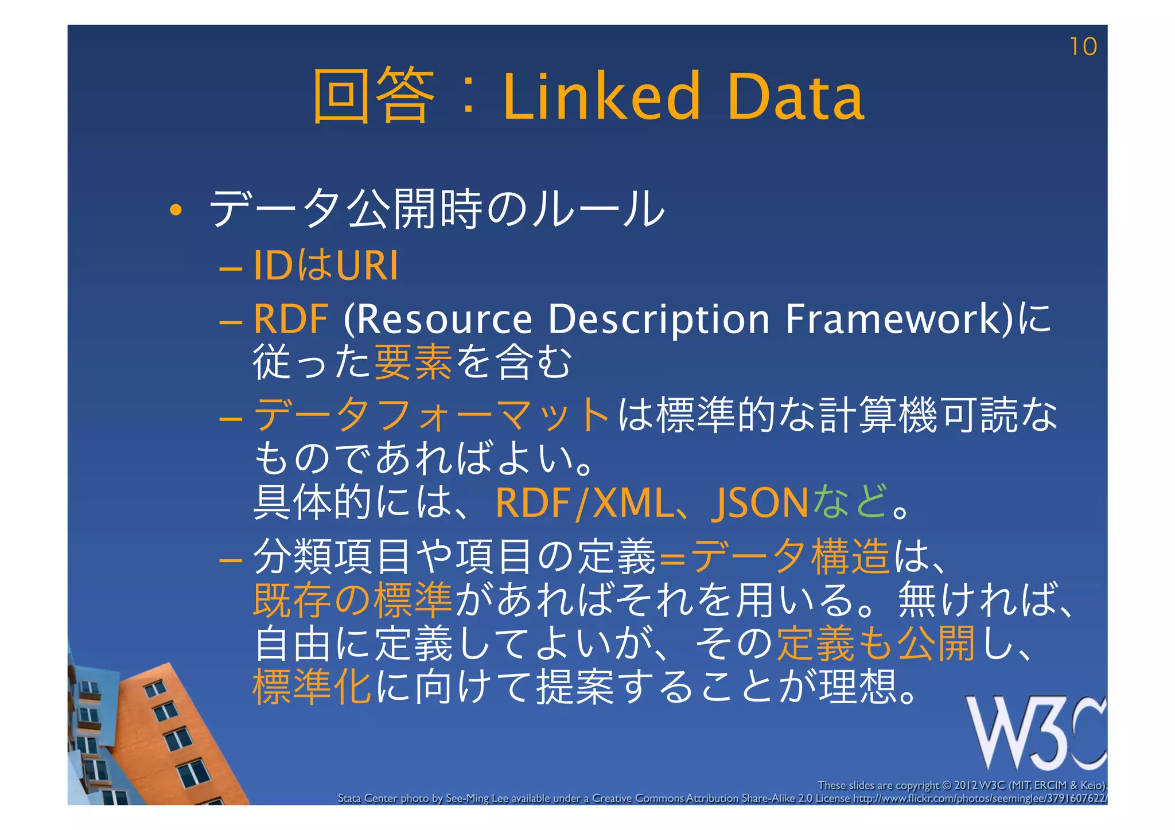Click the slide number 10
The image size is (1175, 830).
pyautogui.click(x=1083, y=47)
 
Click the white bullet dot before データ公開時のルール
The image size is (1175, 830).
pyautogui.click(x=176, y=211)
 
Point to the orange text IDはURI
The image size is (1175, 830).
pyautogui.click(x=325, y=266)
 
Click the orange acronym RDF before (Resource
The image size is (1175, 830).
pyautogui.click(x=291, y=319)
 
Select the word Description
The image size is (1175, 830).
pyautogui.click(x=658, y=319)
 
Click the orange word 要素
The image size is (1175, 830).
pyautogui.click(x=413, y=363)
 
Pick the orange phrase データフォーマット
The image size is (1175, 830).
pyautogui.click(x=431, y=415)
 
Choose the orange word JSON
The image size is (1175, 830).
pyautogui.click(x=760, y=503)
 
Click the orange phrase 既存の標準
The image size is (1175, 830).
pyautogui.click(x=353, y=600)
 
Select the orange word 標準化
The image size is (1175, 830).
pyautogui.click(x=312, y=687)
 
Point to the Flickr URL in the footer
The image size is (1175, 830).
pyautogui.click(x=979, y=798)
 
